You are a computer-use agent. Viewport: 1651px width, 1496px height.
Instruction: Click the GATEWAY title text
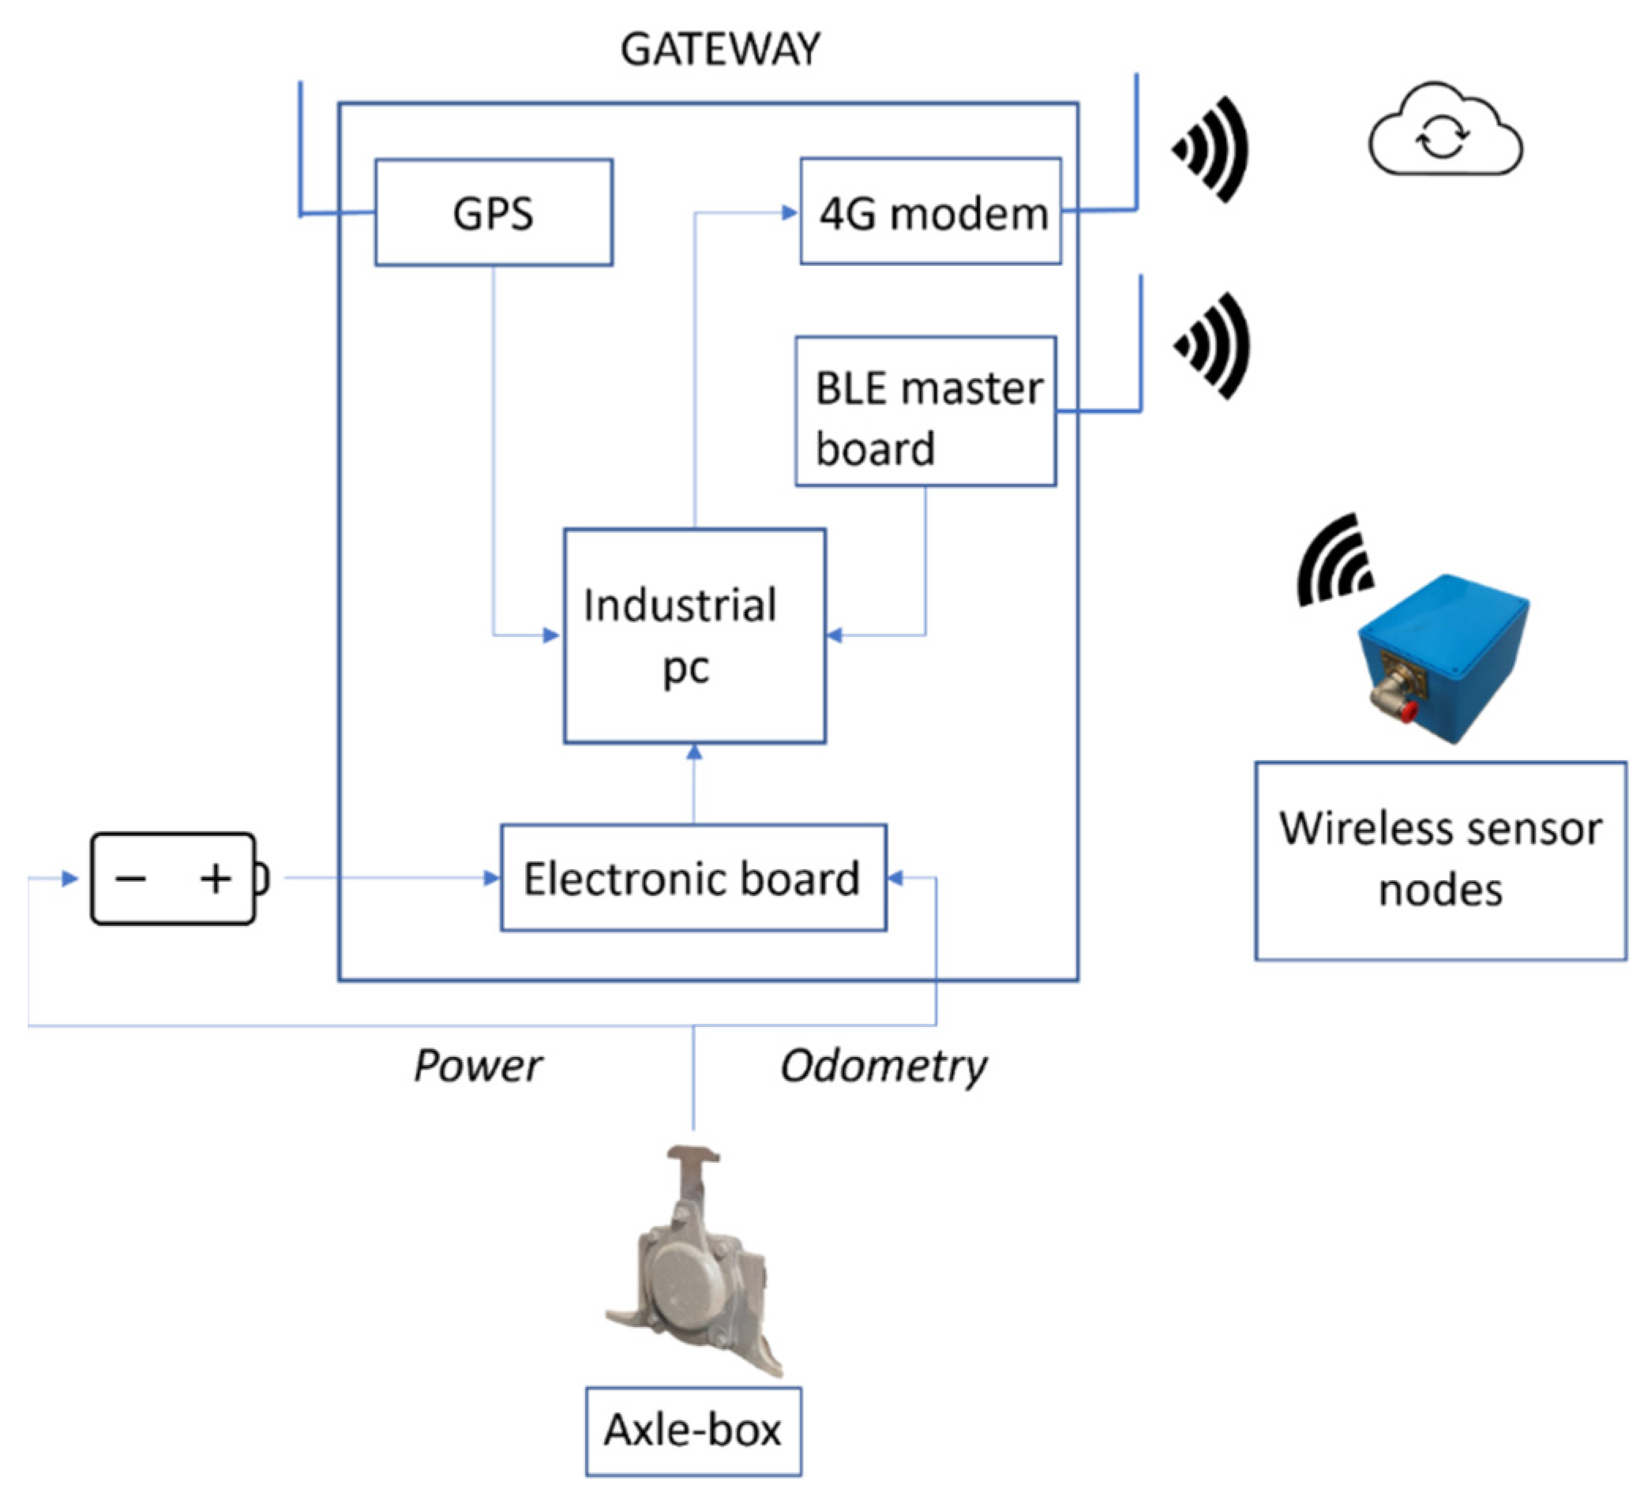tap(719, 50)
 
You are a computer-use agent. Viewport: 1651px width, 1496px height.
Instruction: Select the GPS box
tap(493, 213)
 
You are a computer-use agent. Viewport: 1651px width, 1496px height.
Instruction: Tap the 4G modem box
tap(931, 212)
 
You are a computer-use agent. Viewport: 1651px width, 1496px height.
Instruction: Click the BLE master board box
tap(925, 412)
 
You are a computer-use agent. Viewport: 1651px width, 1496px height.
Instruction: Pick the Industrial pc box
tap(694, 636)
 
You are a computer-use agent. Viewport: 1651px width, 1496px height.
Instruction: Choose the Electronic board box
tap(692, 878)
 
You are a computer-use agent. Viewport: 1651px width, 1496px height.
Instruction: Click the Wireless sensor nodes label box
tap(1439, 860)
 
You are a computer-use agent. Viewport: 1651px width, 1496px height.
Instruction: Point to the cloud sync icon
tap(1445, 130)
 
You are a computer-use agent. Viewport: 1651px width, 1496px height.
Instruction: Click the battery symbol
tap(176, 879)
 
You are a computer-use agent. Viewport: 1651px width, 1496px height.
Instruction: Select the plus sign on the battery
tap(216, 879)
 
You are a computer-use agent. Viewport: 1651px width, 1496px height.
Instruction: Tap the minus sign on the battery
tap(131, 879)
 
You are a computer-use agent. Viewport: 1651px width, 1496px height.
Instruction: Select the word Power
tap(478, 1066)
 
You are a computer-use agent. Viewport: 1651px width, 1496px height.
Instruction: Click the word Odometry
tap(883, 1066)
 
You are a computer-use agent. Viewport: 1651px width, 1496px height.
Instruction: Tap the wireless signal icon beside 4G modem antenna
tap(1212, 149)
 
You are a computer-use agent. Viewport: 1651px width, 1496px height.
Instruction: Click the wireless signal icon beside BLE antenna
tap(1214, 346)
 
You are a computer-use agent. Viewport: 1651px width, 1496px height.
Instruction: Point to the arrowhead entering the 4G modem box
tap(790, 213)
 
